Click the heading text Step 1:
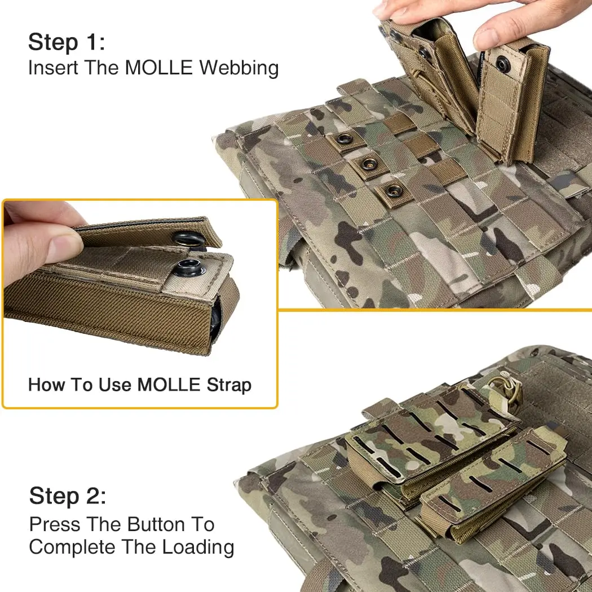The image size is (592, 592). pos(67,42)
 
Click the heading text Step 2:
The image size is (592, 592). pos(68,496)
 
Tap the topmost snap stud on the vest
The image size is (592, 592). pos(344,139)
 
